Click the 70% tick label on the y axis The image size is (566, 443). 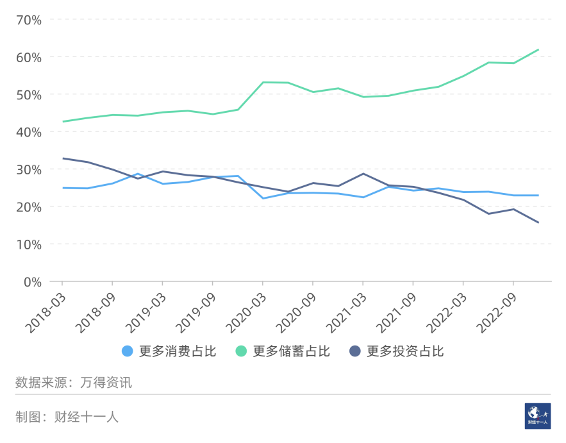(x=28, y=20)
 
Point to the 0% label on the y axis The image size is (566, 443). (x=31, y=281)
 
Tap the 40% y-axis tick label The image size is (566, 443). (x=28, y=132)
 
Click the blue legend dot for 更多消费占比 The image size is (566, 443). (x=127, y=351)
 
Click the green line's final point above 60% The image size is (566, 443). (x=538, y=49)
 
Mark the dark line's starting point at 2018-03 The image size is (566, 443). (x=63, y=158)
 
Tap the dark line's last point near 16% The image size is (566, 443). (x=538, y=222)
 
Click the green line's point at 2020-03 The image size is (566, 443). (x=263, y=82)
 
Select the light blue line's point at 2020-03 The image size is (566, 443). (x=263, y=198)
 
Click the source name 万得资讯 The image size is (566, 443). (x=106, y=383)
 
